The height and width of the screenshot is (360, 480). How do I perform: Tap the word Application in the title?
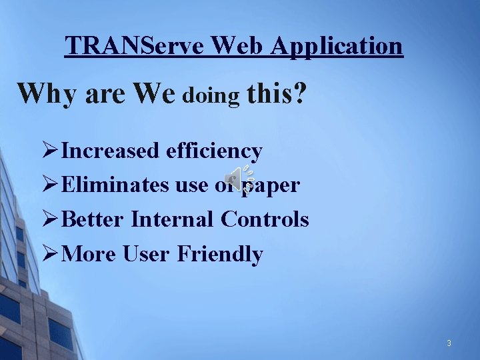point(337,46)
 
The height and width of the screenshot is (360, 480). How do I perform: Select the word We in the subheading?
point(155,94)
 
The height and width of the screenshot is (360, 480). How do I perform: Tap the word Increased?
point(110,151)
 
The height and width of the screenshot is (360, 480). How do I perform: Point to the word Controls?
point(265,219)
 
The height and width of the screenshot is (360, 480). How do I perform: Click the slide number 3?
point(449,343)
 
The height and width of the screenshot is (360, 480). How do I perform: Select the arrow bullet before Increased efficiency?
point(50,151)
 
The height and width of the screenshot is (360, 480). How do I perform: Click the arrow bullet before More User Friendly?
point(50,253)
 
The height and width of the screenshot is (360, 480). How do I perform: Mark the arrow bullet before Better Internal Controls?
point(50,219)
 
